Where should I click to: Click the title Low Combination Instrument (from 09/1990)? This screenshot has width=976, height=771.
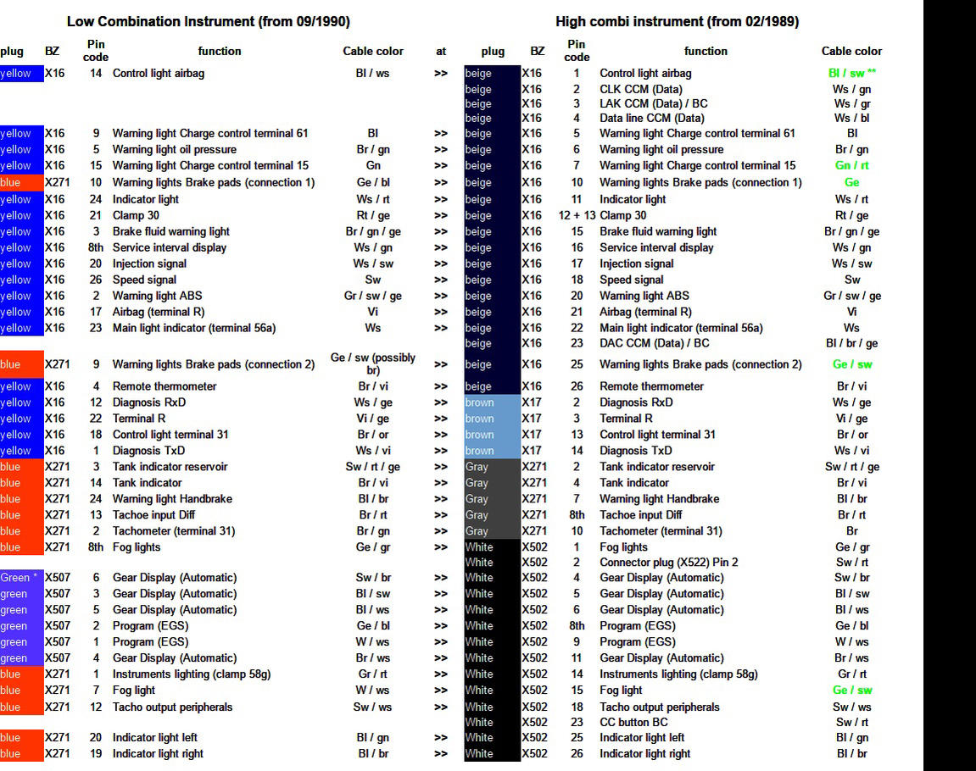coord(208,21)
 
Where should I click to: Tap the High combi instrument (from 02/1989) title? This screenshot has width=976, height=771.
coord(677,21)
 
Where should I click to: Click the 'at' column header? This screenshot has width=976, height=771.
coord(441,51)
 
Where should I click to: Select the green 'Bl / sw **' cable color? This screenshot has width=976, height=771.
coord(851,73)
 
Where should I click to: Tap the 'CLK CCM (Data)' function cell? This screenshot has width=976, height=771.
coord(640,89)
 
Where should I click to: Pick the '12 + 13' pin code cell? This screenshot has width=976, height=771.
coord(577,215)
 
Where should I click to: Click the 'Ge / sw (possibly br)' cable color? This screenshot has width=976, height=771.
coord(373,364)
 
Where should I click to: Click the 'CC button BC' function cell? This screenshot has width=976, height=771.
coord(633,723)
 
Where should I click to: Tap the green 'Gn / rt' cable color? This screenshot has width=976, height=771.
coord(851,165)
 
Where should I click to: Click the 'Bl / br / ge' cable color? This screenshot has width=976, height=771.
coord(851,343)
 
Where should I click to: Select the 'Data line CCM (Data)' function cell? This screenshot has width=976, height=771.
coord(651,118)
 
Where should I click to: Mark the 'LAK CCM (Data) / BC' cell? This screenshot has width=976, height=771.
coord(653,103)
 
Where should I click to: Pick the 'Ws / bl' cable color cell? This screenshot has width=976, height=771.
coord(851,118)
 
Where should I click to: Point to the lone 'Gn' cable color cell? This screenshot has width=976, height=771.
coord(373,165)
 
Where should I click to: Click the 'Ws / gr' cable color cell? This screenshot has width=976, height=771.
coord(851,103)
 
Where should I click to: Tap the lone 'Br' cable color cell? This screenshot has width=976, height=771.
coord(851,531)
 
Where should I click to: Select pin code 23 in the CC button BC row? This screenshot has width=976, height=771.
coord(577,723)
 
